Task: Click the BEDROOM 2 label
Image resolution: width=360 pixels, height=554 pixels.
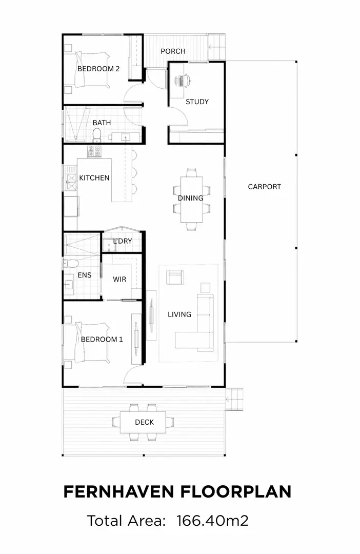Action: [98, 69]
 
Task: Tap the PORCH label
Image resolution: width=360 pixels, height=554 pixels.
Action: [173, 51]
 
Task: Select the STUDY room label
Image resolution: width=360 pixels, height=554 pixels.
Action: [197, 102]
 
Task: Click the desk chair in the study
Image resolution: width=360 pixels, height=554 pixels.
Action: [184, 80]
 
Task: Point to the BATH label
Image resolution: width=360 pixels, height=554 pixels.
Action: [102, 123]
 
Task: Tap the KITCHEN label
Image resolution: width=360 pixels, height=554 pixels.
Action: [94, 178]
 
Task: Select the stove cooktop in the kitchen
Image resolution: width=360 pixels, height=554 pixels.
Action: [94, 151]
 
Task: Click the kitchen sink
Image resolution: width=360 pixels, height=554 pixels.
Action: [70, 179]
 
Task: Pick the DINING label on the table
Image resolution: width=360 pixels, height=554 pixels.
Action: [190, 198]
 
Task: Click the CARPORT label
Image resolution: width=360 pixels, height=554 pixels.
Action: [264, 187]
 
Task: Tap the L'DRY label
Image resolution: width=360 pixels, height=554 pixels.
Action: [123, 241]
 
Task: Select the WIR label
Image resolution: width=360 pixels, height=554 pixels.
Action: [119, 280]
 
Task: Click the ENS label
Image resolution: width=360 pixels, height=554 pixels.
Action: [85, 275]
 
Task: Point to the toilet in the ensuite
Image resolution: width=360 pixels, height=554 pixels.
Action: [71, 264]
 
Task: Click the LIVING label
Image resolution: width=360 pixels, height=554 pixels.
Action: [179, 314]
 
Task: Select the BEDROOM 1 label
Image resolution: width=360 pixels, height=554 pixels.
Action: [102, 339]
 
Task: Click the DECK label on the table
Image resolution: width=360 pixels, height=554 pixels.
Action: [144, 422]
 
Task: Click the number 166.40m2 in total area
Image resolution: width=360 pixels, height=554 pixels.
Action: [213, 521]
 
